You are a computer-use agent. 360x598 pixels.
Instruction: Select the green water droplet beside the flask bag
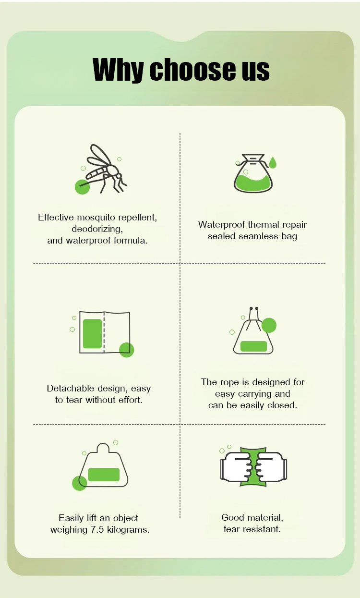coord(273,162)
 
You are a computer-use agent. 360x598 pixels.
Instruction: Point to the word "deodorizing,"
coord(97,229)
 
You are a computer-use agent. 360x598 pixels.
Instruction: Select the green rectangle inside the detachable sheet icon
coord(92,334)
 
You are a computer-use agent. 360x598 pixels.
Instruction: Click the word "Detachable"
coord(70,388)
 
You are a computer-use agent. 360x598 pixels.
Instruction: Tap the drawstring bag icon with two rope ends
coord(253,331)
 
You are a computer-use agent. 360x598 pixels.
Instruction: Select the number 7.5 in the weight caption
coord(97,530)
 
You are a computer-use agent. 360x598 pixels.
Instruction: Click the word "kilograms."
coord(128,530)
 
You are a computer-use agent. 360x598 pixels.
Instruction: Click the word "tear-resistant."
coord(252,529)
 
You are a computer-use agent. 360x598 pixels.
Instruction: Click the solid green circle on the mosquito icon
coord(82,187)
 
